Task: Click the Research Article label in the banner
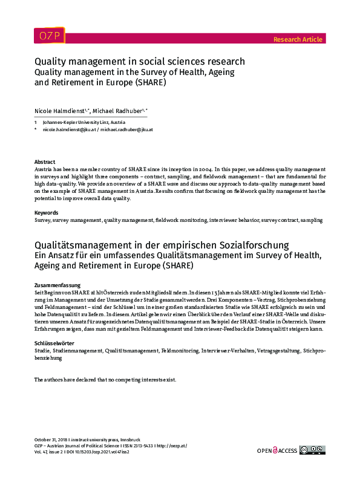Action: tap(298, 39)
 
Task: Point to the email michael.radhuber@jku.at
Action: tap(126, 129)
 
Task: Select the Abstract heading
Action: tap(45, 163)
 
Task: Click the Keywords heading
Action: tap(47, 213)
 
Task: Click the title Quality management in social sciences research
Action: tap(139, 62)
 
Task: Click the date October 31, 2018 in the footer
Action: tap(51, 439)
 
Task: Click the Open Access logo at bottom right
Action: tap(277, 450)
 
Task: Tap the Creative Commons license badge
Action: tap(312, 450)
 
